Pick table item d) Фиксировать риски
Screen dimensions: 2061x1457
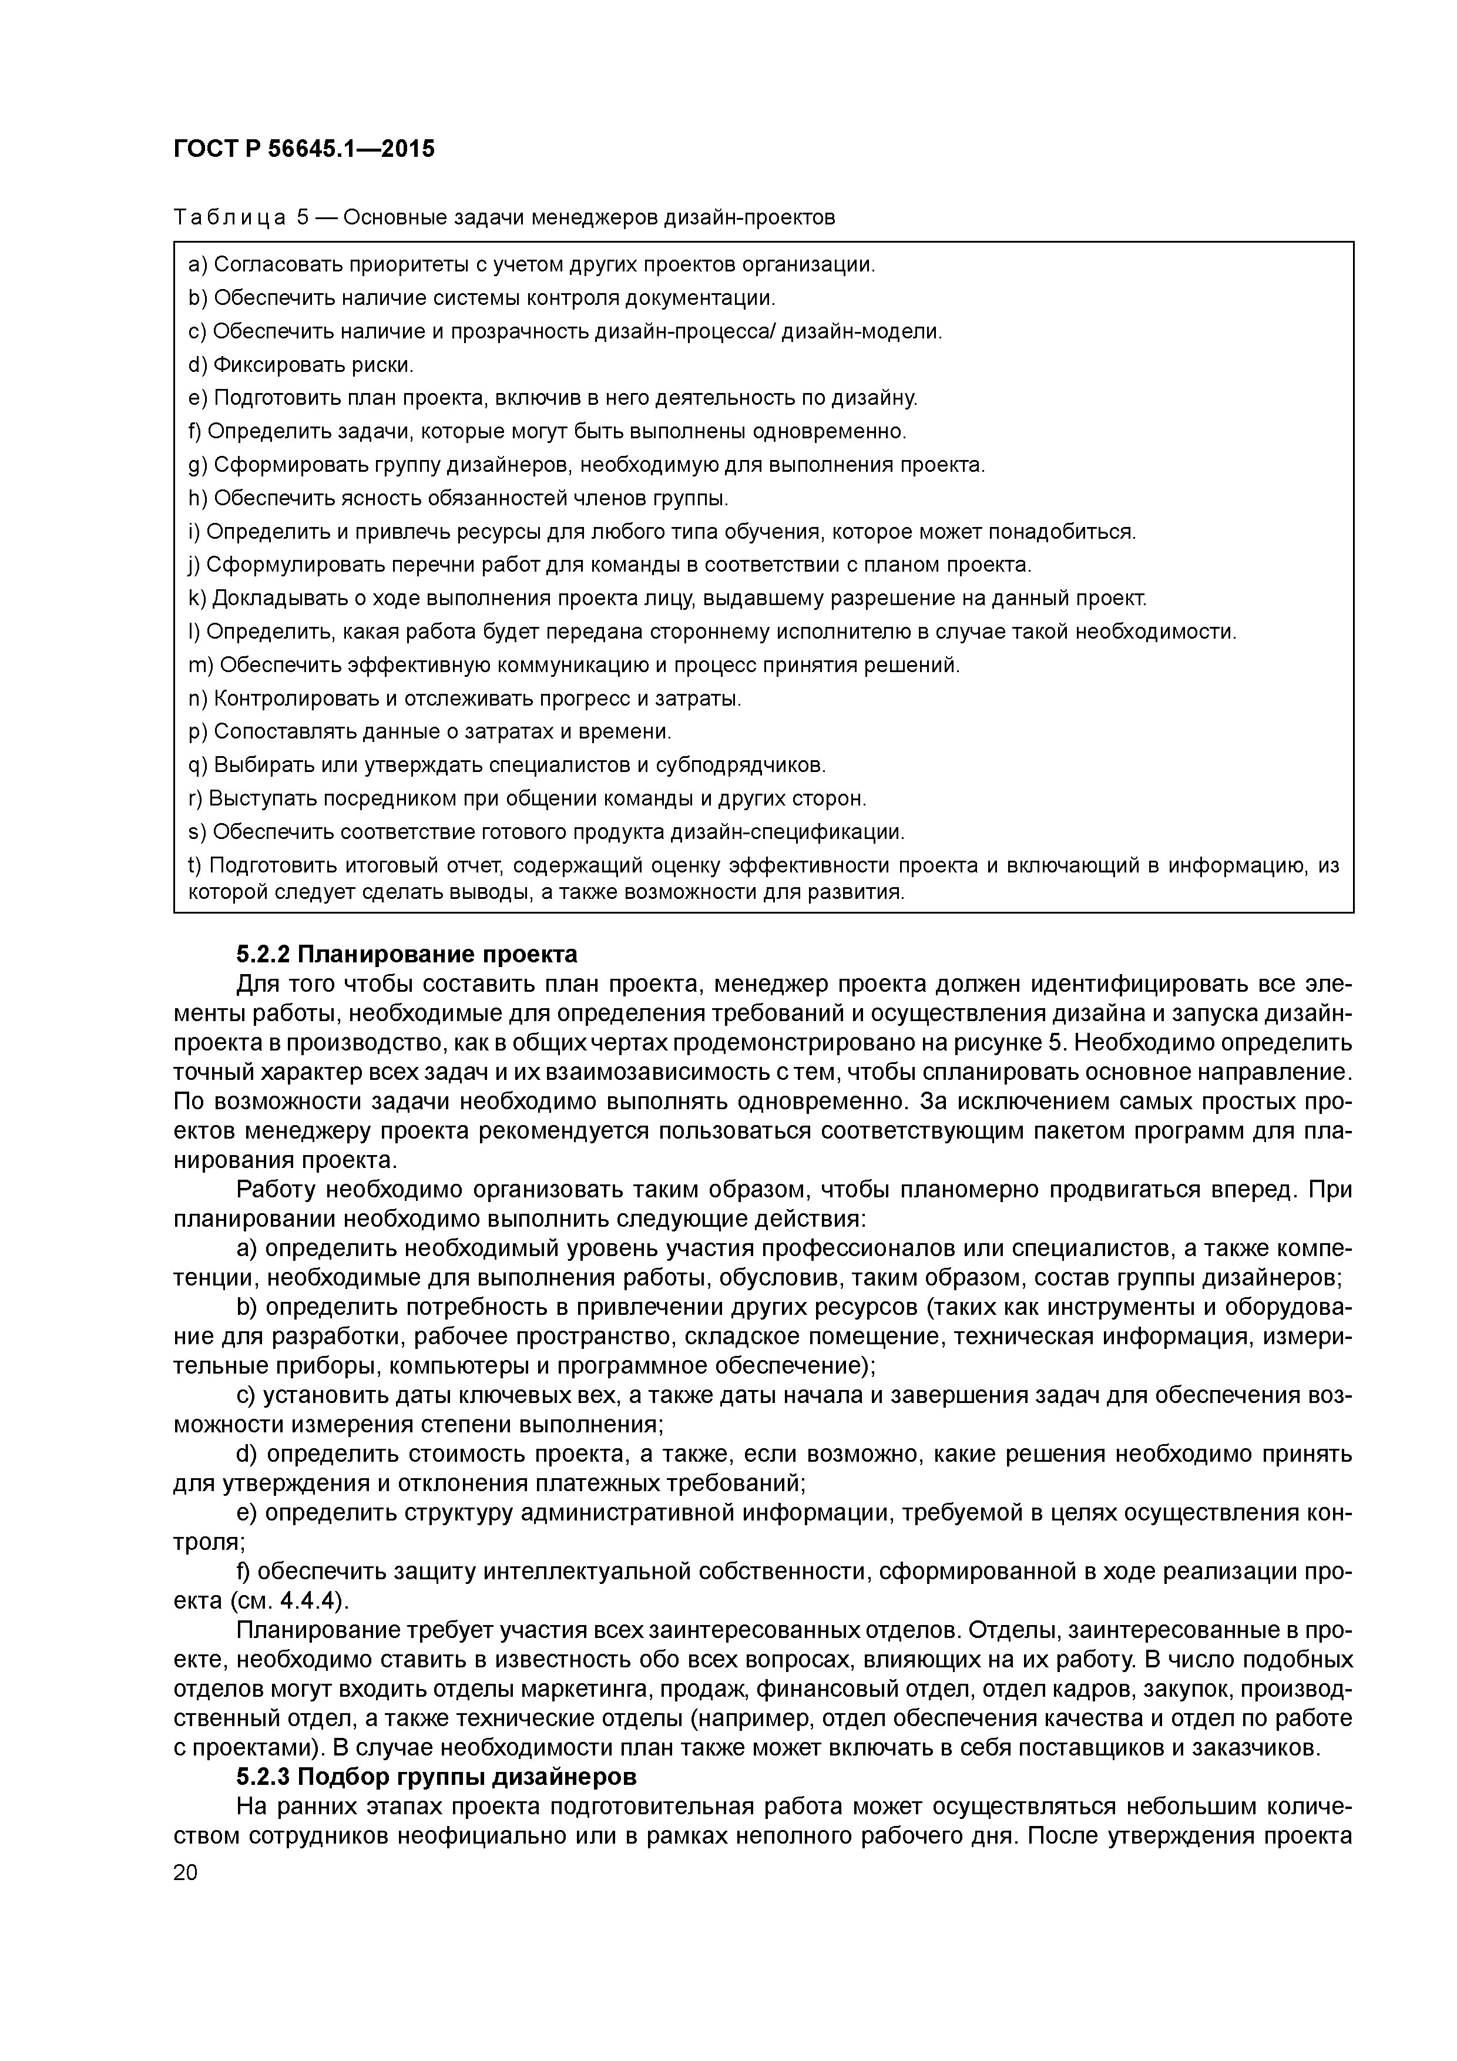(x=301, y=364)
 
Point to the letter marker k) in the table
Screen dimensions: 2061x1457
(x=197, y=598)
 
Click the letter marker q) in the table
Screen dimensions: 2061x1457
(x=197, y=765)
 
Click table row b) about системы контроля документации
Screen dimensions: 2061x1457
(x=481, y=298)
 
